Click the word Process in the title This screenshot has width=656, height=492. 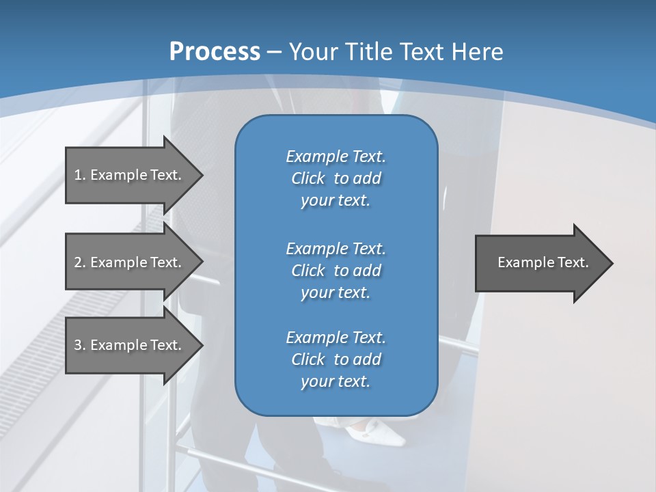(x=215, y=51)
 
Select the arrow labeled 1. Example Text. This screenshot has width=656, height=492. (x=130, y=175)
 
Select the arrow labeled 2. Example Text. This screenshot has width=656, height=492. (x=130, y=262)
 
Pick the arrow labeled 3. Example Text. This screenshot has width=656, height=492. (x=130, y=345)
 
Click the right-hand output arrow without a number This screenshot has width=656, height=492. (x=540, y=262)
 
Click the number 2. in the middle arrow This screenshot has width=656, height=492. (x=79, y=262)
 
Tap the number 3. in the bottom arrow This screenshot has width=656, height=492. (x=79, y=345)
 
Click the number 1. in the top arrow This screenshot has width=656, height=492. (x=79, y=175)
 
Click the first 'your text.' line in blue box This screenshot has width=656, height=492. (x=336, y=201)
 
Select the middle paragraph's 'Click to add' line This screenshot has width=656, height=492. (x=336, y=271)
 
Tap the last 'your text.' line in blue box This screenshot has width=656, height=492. (x=336, y=382)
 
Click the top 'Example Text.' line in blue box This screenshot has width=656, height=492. (x=336, y=156)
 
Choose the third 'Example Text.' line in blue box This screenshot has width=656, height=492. (x=336, y=338)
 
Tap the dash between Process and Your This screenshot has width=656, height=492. (x=275, y=52)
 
